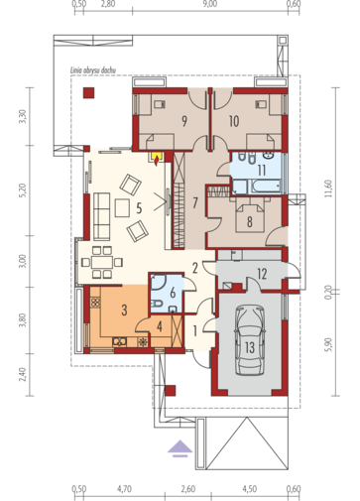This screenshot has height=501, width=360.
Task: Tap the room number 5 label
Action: (x=139, y=208)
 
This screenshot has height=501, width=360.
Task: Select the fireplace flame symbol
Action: (x=156, y=160)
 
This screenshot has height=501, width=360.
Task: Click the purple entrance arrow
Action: (x=180, y=448)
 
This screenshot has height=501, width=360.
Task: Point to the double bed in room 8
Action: (x=250, y=217)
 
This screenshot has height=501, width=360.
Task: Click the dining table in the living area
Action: (x=102, y=262)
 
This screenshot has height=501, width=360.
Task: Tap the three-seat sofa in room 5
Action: (x=101, y=216)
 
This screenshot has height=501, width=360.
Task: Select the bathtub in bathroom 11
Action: (x=266, y=187)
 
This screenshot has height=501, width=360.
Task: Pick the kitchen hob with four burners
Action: (x=95, y=302)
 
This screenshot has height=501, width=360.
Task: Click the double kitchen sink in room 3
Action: (x=119, y=341)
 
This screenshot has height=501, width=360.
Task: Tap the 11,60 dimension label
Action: (x=328, y=188)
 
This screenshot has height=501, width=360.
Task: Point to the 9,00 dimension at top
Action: (x=210, y=4)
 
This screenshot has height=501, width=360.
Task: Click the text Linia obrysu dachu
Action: (x=93, y=70)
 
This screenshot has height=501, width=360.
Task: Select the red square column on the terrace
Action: (x=88, y=92)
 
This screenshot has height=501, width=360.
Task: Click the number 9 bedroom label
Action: (x=184, y=121)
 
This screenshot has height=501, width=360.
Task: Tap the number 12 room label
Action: (x=262, y=274)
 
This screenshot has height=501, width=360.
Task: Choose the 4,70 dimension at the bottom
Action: (x=124, y=489)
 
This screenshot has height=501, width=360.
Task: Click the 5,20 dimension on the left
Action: (x=22, y=190)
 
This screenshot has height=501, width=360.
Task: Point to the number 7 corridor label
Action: (x=195, y=202)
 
